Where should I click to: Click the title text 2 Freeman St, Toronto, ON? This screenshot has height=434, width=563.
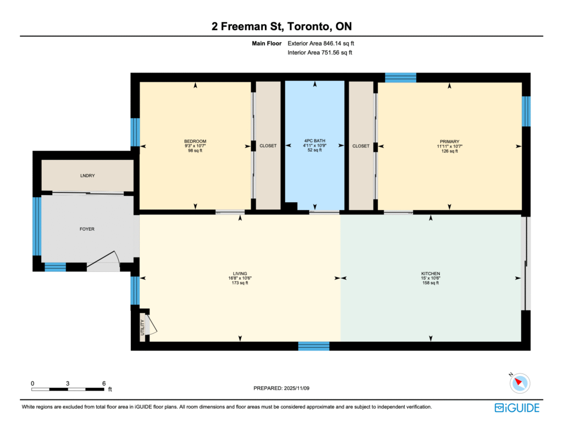pos(281,26)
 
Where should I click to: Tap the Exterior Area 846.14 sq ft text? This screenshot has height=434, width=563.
pos(321,43)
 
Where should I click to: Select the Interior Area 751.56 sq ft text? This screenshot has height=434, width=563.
pos(319,52)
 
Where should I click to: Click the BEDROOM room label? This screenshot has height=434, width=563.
pos(195,141)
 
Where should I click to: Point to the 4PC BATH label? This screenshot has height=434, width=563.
pos(314,141)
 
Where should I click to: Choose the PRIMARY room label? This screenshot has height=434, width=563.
pos(449,142)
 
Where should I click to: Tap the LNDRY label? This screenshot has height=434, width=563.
pos(87,176)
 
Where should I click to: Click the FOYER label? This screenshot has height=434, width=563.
pos(87,229)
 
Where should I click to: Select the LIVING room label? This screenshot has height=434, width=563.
pos(240,274)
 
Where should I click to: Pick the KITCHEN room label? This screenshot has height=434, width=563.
pos(430,274)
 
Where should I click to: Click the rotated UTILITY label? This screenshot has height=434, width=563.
pos(142,327)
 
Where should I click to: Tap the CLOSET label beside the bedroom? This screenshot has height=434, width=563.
pos(268,146)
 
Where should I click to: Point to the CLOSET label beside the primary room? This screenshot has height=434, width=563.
pos(361,146)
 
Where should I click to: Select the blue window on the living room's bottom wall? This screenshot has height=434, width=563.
pos(313,346)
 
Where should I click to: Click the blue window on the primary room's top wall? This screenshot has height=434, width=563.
pos(400,77)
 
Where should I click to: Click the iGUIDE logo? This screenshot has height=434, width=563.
pos(517,408)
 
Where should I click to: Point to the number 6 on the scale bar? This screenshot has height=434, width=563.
pos(104,383)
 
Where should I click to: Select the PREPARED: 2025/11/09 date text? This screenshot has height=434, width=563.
pos(281,388)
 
